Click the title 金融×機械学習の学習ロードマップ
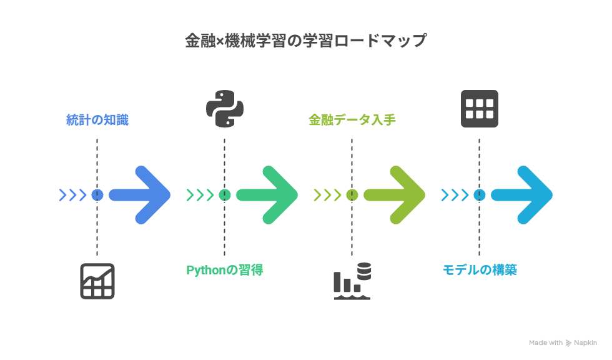[x=305, y=41]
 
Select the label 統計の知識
[x=97, y=120]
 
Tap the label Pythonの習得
[x=224, y=270]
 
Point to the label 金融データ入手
[x=352, y=120]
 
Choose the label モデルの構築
[x=480, y=270]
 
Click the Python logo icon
[x=225, y=109]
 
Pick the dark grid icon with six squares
[x=480, y=109]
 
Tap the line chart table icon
[x=97, y=281]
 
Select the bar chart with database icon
[x=352, y=281]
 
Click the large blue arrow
[x=140, y=195]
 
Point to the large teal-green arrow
[x=267, y=195]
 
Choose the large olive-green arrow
[x=395, y=195]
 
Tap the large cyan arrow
[x=522, y=195]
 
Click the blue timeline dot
[x=97, y=195]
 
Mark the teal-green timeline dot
[x=224, y=195]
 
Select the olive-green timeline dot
[x=352, y=195]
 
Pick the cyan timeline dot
[x=480, y=195]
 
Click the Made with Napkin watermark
[x=563, y=343]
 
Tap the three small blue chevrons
[x=72, y=195]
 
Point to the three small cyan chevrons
[x=455, y=195]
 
